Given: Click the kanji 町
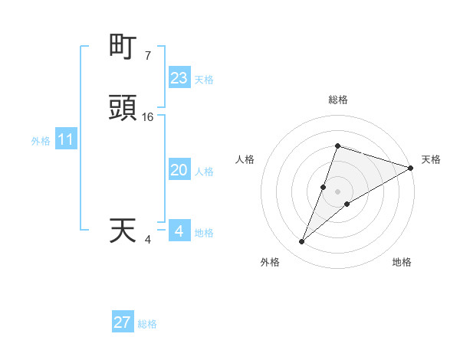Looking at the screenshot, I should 123,47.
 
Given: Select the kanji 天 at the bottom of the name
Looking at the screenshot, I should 123,231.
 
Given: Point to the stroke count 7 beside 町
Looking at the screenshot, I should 147,56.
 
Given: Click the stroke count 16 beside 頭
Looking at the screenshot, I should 148,117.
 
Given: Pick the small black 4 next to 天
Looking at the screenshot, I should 148,240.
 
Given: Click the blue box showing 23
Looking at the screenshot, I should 179,78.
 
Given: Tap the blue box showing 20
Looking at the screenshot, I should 179,171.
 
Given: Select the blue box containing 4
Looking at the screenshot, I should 179,231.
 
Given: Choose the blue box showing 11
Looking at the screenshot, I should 66,140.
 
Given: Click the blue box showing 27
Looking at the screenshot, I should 123,322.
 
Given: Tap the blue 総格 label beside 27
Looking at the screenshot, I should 147,324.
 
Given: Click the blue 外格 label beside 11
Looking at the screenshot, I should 40,141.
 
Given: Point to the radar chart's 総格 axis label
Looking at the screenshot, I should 337,100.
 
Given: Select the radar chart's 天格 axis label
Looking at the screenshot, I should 432,159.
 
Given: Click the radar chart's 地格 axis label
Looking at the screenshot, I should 402,262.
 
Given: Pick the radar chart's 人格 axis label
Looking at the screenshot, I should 245,159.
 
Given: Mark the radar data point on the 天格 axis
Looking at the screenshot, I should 410,168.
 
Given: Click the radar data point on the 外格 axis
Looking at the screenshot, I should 301,242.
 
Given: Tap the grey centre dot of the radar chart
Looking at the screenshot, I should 337,191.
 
